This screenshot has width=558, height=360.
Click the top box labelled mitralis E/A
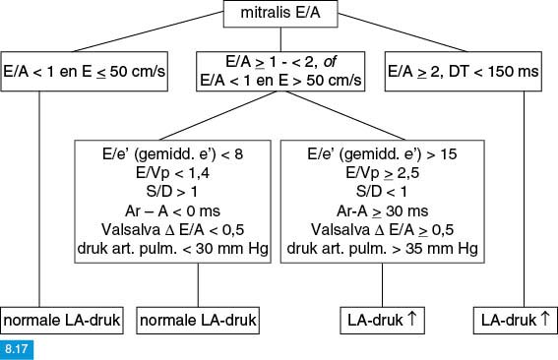pos(280,14)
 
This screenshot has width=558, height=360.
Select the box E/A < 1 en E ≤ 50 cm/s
pos(85,72)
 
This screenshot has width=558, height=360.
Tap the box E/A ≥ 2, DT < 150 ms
pos(464,72)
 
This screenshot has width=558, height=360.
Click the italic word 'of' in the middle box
pos(330,62)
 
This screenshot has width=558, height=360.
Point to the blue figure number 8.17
pos(17,348)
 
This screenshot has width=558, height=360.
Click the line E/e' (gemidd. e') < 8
pos(172,154)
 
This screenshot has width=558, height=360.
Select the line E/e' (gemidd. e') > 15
pos(382,154)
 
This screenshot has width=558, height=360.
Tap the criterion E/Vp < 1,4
pos(172,173)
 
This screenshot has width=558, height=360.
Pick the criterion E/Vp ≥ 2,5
pos(382,173)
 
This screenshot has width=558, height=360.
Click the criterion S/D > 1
pos(171,192)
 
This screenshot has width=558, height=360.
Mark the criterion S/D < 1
pos(381,192)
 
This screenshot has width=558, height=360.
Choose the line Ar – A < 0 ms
pos(172,210)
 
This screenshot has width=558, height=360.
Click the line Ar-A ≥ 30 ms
pos(382,210)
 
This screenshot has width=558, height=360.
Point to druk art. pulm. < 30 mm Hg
pos(172,248)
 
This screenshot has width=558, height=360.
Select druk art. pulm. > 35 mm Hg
pos(382,248)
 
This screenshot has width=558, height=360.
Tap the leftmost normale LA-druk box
pos(62,321)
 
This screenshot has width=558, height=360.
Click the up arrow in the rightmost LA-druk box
pos(545,318)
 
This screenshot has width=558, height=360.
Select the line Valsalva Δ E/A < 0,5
pos(172,229)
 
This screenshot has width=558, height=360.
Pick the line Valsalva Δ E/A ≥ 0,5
pos(382,229)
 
